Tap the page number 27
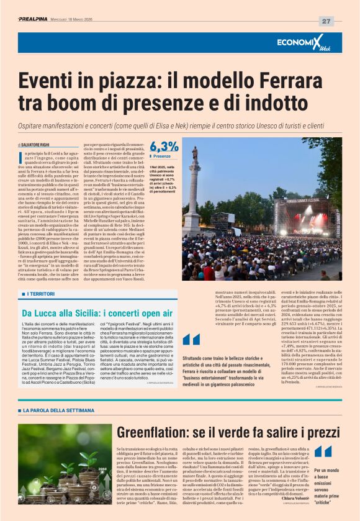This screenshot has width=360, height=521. pyautogui.click(x=326, y=20)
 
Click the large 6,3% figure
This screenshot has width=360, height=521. pyautogui.click(x=163, y=147)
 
